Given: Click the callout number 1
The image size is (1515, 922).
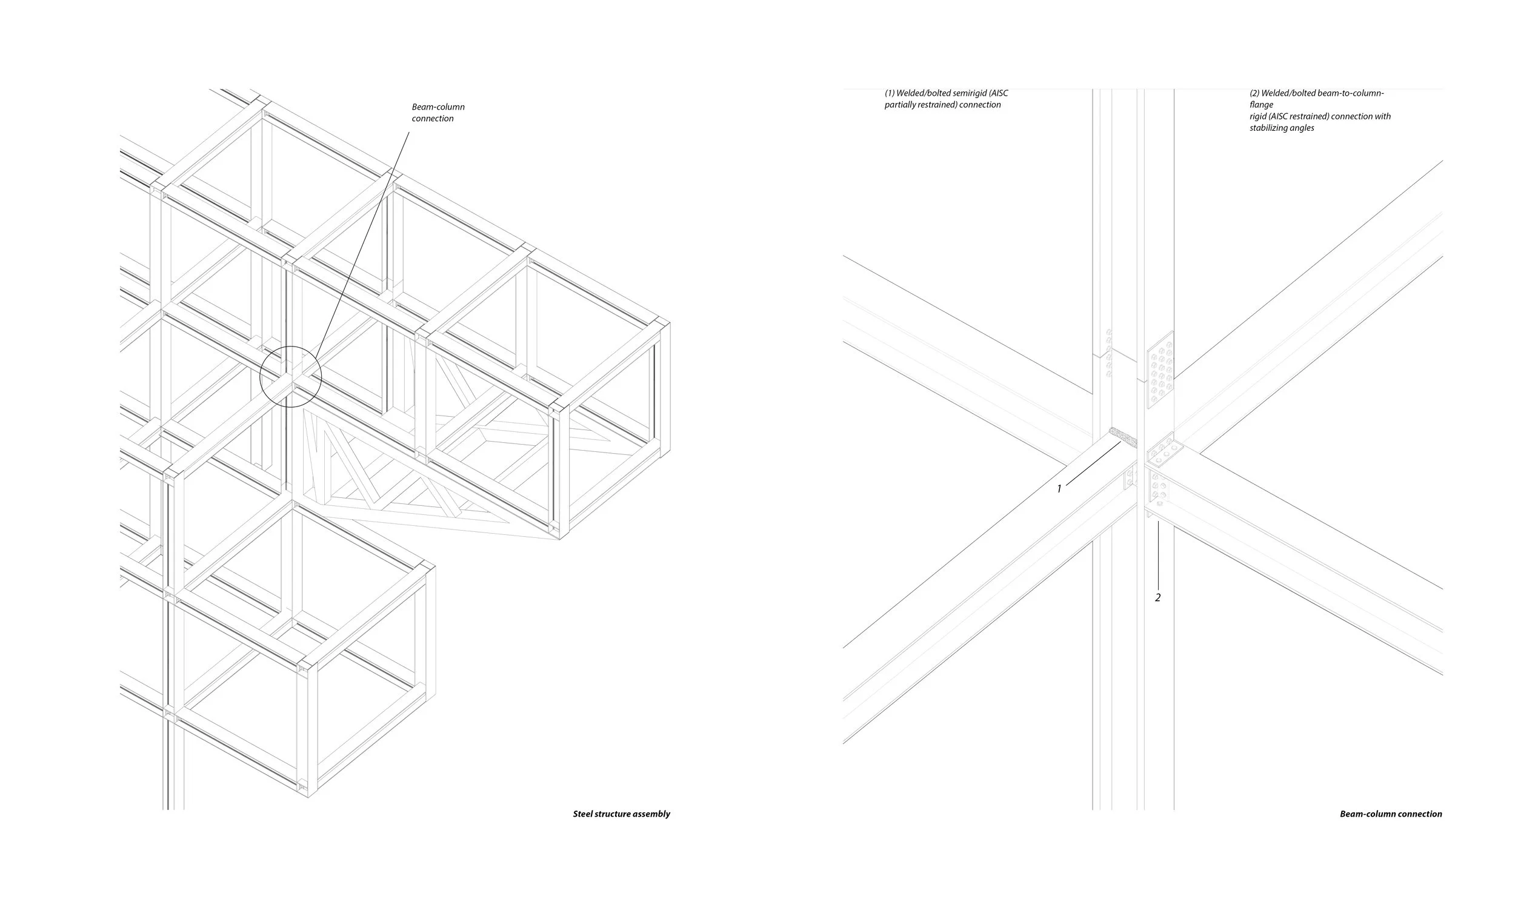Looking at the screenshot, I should click(x=1059, y=489).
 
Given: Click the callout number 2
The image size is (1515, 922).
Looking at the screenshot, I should click(x=1158, y=597).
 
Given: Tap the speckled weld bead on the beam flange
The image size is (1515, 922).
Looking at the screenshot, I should click(x=1123, y=437).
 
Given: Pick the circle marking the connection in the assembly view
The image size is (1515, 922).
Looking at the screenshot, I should click(x=290, y=376).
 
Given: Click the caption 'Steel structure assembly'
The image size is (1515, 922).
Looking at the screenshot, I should click(x=621, y=814).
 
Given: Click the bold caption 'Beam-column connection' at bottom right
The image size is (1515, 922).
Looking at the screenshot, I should click(x=1391, y=814).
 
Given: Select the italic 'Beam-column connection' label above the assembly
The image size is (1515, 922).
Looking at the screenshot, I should click(x=438, y=113).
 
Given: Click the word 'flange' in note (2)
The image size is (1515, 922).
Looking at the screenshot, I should click(x=1261, y=104).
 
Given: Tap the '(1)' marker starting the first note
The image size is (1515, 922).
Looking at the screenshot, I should click(x=889, y=93).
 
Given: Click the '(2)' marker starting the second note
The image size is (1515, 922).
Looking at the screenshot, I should click(x=1254, y=93).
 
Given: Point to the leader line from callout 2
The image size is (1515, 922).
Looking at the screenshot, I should click(x=1159, y=553).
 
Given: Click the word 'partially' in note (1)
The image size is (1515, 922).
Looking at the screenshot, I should click(x=900, y=105).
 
